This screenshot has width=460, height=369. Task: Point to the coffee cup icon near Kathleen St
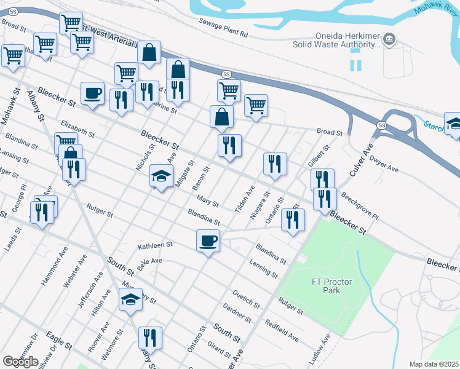208,240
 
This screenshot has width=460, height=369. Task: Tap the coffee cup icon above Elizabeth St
92,93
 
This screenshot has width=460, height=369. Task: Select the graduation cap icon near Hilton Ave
130,300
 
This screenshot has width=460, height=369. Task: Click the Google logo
20,361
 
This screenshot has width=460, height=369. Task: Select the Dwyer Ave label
384,163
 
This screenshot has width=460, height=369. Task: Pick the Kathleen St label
154,245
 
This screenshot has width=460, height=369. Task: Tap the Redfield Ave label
282,330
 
